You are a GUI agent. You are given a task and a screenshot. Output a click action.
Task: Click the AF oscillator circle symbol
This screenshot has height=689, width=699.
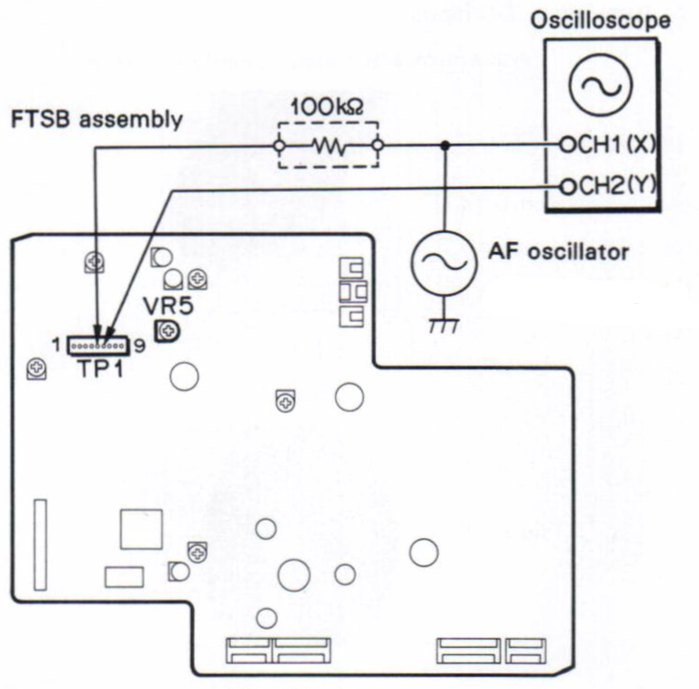pyautogui.click(x=443, y=259)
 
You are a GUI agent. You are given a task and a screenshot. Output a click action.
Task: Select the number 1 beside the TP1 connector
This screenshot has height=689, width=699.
pyautogui.click(x=56, y=346)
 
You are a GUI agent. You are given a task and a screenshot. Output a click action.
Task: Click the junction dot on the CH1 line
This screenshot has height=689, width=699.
pyautogui.click(x=443, y=146)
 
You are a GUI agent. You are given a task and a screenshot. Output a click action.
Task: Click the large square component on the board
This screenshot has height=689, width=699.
pyautogui.click(x=141, y=529)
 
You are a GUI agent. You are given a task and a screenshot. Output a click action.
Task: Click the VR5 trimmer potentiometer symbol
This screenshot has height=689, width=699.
pyautogui.click(x=167, y=332)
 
